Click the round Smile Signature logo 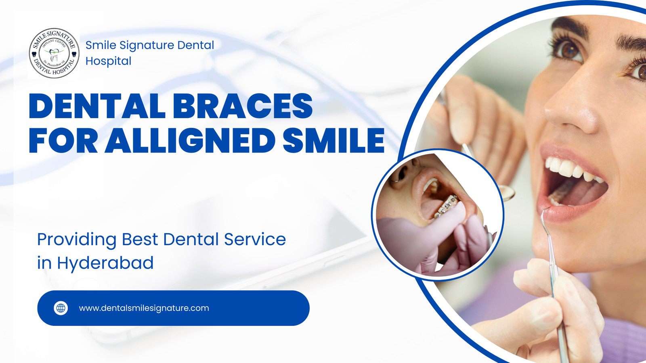tap(54, 53)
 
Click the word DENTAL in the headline tap(97, 106)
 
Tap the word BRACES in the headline tap(243, 106)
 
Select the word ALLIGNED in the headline tap(190, 141)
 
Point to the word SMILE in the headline tap(333, 141)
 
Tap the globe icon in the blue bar tap(61, 308)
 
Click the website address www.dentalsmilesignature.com tap(144, 308)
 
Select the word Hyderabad tap(105, 263)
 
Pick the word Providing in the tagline tap(77, 240)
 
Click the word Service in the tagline tap(255, 240)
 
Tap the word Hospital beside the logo tap(108, 61)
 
